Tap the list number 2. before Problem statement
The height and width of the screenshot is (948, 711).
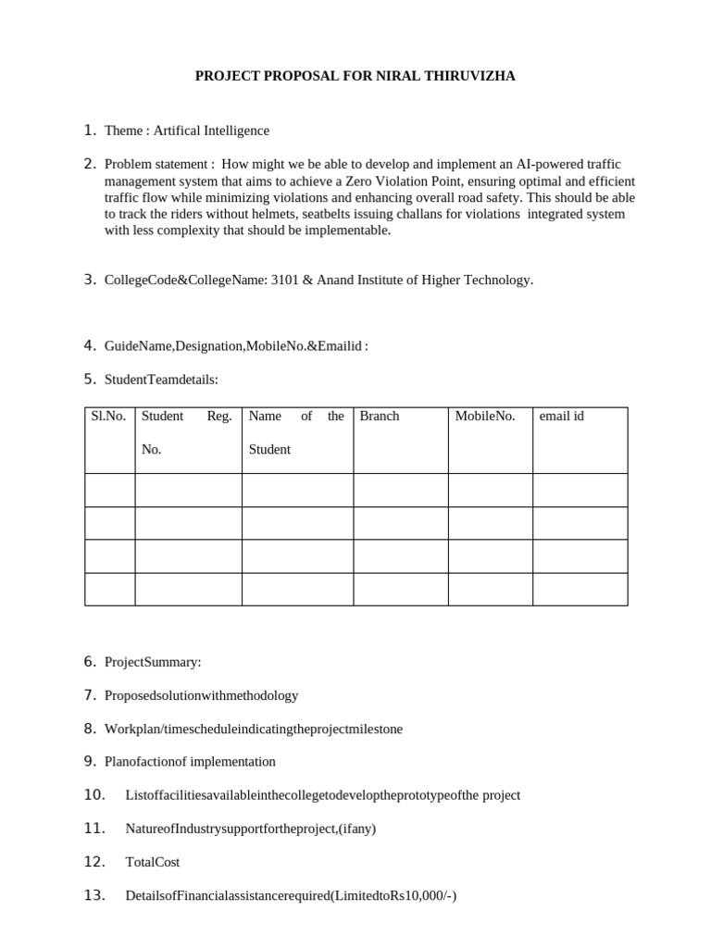91,164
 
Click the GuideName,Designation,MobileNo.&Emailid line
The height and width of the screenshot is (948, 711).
236,346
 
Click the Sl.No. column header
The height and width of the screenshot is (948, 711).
108,417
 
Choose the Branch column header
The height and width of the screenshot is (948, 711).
380,417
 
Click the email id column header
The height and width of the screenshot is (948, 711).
561,417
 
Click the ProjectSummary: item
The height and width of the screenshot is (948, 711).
153,662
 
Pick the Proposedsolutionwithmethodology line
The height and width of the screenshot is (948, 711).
201,695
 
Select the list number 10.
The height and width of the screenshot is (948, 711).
95,794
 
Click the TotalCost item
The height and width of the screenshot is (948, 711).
153,862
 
